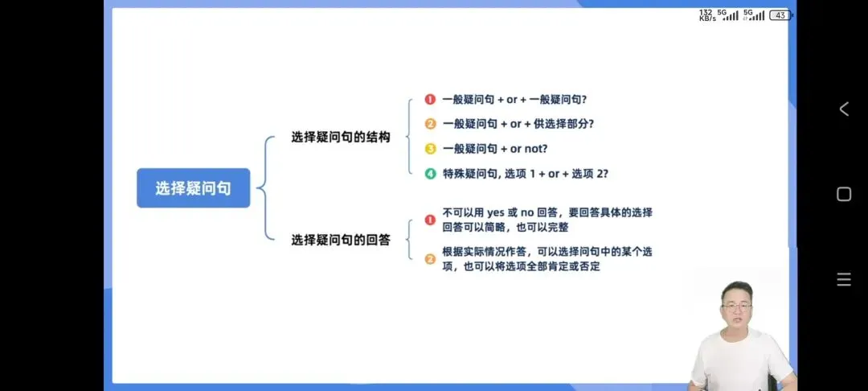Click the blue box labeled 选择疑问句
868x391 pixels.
(193, 188)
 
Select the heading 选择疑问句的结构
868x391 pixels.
(341, 138)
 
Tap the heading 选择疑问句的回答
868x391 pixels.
(341, 240)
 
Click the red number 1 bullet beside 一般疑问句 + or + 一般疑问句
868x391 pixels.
(430, 100)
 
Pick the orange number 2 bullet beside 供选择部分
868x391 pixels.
(430, 124)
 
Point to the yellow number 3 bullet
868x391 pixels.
(430, 149)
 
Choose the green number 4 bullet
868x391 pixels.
(430, 173)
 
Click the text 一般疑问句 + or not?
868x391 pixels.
(494, 149)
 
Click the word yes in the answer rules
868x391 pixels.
(495, 213)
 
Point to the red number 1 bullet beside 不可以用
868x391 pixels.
(430, 220)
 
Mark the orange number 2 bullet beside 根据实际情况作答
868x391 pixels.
(430, 258)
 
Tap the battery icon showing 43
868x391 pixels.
(780, 15)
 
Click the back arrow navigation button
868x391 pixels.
(843, 109)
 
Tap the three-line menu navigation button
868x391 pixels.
(843, 280)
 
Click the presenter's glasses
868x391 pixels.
(736, 307)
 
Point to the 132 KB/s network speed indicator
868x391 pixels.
(706, 15)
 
